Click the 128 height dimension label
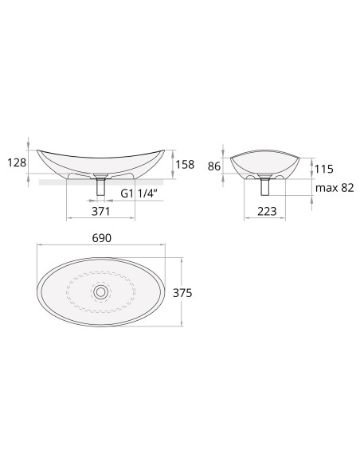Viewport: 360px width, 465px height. [x=17, y=162]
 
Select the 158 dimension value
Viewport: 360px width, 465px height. [x=185, y=164]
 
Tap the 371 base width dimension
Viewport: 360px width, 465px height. [x=100, y=212]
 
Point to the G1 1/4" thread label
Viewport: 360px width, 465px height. [x=139, y=193]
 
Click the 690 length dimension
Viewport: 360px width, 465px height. [x=102, y=238]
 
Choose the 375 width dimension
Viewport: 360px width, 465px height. [x=182, y=293]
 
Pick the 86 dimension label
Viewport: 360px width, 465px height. [x=214, y=166]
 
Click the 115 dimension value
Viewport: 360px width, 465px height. [x=324, y=169]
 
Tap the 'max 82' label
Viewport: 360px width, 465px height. [x=335, y=188]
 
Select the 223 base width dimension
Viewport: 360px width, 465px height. [x=267, y=212]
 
